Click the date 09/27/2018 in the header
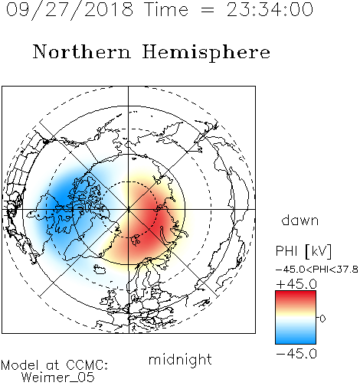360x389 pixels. (70, 9)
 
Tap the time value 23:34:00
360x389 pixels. (270, 9)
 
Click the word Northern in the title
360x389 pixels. (82, 51)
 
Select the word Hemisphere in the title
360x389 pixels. (206, 52)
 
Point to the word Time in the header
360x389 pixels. (166, 9)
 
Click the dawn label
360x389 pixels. (300, 220)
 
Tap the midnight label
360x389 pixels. (180, 359)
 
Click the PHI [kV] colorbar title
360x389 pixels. (303, 251)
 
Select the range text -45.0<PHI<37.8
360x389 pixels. (317, 270)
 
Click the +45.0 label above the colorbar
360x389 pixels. (296, 284)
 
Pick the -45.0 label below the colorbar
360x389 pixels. (296, 354)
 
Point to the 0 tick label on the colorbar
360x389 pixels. (322, 319)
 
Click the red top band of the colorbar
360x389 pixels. (296, 296)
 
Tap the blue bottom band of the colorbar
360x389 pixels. (296, 338)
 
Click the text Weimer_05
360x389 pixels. (57, 378)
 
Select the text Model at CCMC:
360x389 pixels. (54, 365)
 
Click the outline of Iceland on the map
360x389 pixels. (100, 269)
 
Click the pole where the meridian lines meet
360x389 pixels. (129, 209)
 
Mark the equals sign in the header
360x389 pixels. (208, 10)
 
